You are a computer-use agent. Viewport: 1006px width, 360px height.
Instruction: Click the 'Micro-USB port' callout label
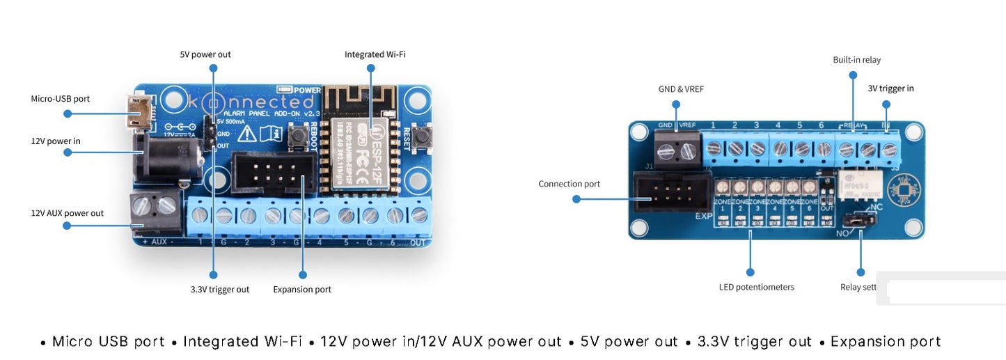(x=60, y=99)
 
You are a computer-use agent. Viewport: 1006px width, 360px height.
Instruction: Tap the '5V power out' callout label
(x=205, y=54)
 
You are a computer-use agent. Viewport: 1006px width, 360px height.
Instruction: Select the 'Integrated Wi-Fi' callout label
(x=375, y=54)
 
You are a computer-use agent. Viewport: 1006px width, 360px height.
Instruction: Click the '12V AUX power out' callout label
(x=67, y=213)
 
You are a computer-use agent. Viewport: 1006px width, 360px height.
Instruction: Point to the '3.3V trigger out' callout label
(x=220, y=289)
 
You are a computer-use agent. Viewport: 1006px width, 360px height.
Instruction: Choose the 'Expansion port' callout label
(x=302, y=289)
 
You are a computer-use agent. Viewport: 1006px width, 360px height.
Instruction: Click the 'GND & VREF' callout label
(x=676, y=89)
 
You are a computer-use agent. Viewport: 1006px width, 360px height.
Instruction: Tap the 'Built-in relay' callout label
(x=856, y=60)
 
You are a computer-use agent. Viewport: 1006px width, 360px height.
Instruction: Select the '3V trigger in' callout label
(x=890, y=88)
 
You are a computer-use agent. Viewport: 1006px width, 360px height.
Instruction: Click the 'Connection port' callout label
(x=569, y=184)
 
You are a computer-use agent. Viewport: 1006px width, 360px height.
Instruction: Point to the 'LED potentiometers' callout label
(x=756, y=287)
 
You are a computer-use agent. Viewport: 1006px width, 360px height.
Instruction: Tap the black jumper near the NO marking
(x=861, y=220)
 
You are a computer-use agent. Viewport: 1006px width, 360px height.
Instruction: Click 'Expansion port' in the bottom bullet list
(x=886, y=342)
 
